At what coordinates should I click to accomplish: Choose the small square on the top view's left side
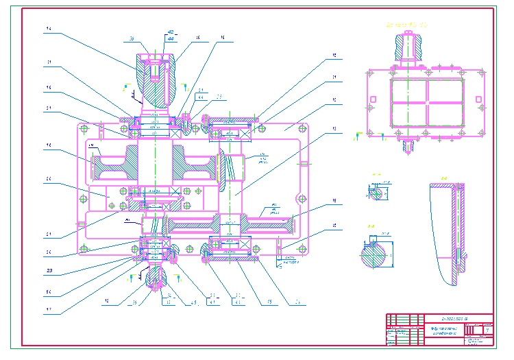point(372,99)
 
